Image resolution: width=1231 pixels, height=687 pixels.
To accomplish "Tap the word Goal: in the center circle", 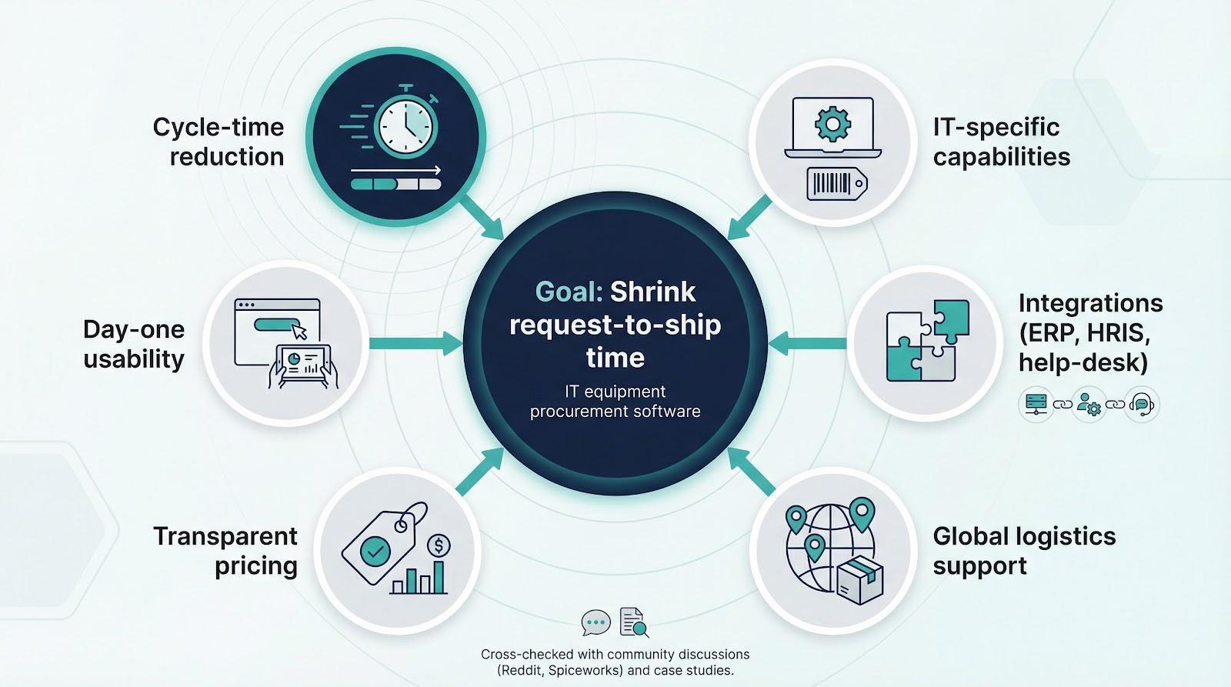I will pos(569,292).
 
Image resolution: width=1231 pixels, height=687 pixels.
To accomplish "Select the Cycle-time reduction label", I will pos(219,142).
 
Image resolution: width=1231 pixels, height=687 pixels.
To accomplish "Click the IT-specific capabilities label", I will pos(1001,142).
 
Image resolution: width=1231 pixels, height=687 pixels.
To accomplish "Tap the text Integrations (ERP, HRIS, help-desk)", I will pos(1089,332).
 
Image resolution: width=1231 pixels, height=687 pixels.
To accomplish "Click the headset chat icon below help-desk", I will pos(1142,404).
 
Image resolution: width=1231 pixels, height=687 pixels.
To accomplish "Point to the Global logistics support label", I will pos(1024,551).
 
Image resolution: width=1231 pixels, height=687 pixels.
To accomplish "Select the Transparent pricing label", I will pos(225,551).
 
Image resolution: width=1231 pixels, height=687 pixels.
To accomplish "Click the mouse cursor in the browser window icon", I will pos(299,331).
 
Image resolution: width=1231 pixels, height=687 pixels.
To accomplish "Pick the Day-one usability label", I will pos(134,344).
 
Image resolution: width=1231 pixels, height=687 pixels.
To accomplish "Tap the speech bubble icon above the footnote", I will pos(595,622).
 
